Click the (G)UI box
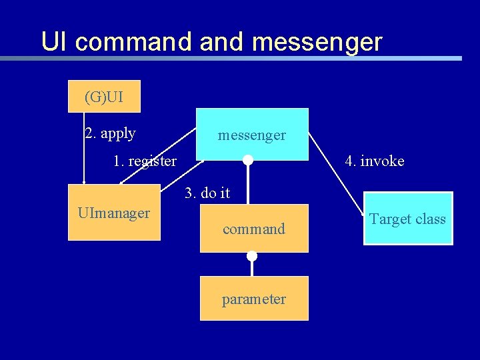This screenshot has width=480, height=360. [104, 97]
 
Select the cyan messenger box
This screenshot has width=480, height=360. [252, 135]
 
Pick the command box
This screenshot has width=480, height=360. [253, 229]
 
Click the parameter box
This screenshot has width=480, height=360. [253, 299]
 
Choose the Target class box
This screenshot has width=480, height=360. [407, 219]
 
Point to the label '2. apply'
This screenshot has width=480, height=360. [111, 133]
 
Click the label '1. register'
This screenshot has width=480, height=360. [145, 161]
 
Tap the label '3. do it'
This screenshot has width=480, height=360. [207, 193]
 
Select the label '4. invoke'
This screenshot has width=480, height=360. [374, 161]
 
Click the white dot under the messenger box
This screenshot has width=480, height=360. [247, 160]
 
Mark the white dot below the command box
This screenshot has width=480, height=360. [251, 256]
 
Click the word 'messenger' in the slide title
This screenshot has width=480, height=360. [317, 42]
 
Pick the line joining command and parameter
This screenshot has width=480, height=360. [251, 267]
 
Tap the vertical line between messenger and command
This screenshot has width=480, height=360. [247, 183]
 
